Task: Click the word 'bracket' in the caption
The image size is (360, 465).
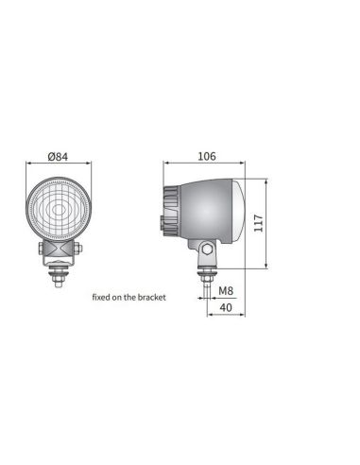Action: (150, 296)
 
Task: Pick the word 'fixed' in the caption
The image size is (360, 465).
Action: (101, 296)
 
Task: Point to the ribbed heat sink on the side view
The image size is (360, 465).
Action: (170, 210)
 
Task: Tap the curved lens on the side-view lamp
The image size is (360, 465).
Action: (244, 209)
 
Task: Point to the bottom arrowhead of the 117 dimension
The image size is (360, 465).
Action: (267, 266)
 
